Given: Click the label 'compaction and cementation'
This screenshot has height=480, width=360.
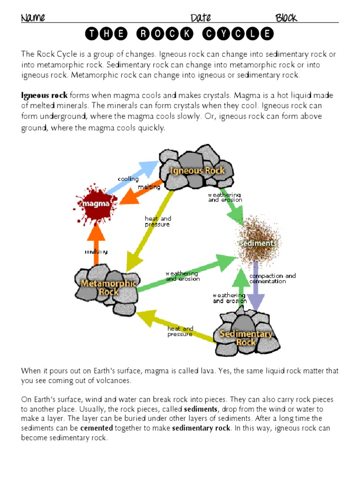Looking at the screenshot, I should (x=272, y=278).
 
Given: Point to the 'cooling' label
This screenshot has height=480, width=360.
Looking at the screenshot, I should (x=127, y=179).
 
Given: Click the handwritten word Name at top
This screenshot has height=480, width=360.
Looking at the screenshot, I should (x=33, y=18).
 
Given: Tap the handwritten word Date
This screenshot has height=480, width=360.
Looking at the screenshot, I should (x=201, y=18).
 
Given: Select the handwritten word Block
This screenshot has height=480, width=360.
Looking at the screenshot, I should (x=286, y=18).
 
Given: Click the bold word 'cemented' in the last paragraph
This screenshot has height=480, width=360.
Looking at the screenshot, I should (x=97, y=428).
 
